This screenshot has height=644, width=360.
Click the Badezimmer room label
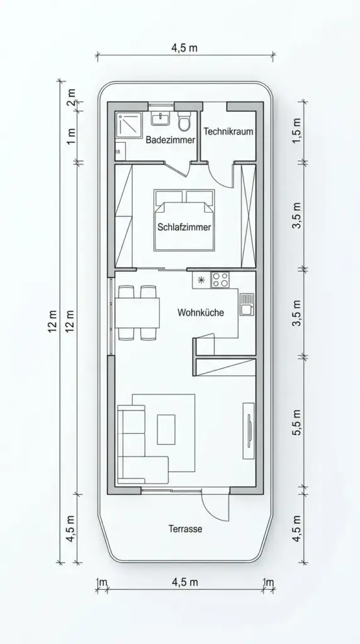170,140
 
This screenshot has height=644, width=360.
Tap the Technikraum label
228,131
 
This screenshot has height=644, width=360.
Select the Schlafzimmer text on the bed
184,227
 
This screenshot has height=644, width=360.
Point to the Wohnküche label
201,312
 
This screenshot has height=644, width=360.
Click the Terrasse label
185,529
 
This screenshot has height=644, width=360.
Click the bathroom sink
160,119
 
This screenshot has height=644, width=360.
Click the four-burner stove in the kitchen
220,280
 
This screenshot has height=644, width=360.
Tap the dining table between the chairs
136,312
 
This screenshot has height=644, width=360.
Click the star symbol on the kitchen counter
201,279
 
